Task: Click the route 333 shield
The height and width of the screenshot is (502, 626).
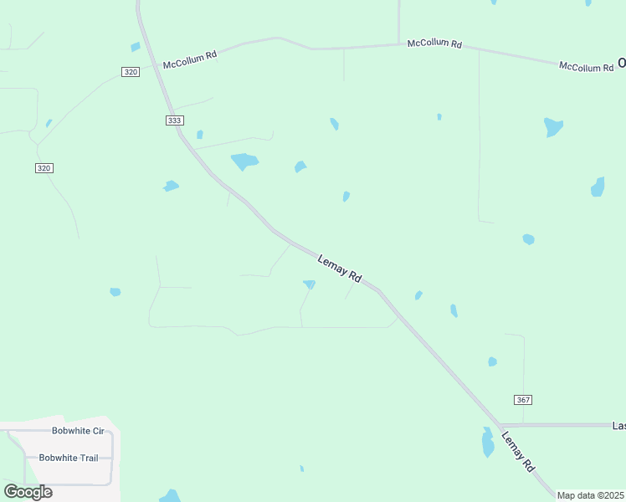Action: pyautogui.click(x=174, y=120)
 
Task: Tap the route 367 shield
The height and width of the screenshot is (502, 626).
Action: pyautogui.click(x=523, y=400)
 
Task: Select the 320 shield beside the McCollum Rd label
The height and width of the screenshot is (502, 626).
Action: pyautogui.click(x=130, y=72)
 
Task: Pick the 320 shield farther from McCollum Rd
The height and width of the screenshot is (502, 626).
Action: pyautogui.click(x=44, y=168)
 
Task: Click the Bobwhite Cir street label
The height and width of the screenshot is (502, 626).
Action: pyautogui.click(x=78, y=431)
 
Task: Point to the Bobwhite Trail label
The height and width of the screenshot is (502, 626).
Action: pyautogui.click(x=69, y=458)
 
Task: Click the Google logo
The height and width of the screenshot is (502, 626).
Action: pyautogui.click(x=28, y=491)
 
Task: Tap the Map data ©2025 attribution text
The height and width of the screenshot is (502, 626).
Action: pyautogui.click(x=590, y=495)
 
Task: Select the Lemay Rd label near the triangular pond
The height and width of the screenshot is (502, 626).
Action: pyautogui.click(x=340, y=269)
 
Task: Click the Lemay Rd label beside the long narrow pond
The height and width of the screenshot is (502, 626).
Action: pyautogui.click(x=517, y=452)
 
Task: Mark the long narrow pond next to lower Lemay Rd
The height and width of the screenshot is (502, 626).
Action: pyautogui.click(x=488, y=442)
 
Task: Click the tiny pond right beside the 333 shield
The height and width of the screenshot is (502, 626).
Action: pyautogui.click(x=200, y=134)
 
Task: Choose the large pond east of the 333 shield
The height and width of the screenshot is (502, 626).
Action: pyautogui.click(x=244, y=161)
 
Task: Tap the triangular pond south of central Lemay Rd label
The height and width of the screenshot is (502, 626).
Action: pyautogui.click(x=309, y=285)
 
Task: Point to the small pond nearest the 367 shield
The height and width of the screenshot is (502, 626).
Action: pyautogui.click(x=492, y=362)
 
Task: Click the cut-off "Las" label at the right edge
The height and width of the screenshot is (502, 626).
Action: pyautogui.click(x=618, y=426)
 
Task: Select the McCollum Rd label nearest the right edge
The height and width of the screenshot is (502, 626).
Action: pyautogui.click(x=586, y=67)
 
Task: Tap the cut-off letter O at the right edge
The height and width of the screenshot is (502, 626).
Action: pyautogui.click(x=622, y=62)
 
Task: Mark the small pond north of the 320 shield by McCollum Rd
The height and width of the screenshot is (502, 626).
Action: pyautogui.click(x=135, y=47)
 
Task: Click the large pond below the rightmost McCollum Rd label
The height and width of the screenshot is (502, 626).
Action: pyautogui.click(x=552, y=127)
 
